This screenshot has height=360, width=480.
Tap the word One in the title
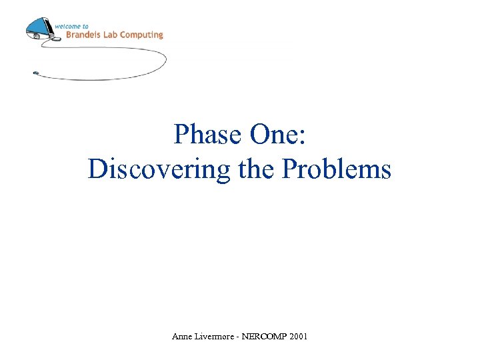[x=274, y=135]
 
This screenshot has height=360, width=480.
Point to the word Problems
[x=337, y=169]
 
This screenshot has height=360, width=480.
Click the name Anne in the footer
[x=182, y=337]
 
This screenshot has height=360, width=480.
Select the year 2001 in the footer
[x=298, y=337]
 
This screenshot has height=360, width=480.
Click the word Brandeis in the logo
[x=81, y=35]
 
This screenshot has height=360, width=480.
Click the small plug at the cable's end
[x=36, y=73]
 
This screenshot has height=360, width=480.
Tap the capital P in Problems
[x=289, y=169]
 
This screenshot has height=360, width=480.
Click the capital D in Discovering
[x=96, y=169]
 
